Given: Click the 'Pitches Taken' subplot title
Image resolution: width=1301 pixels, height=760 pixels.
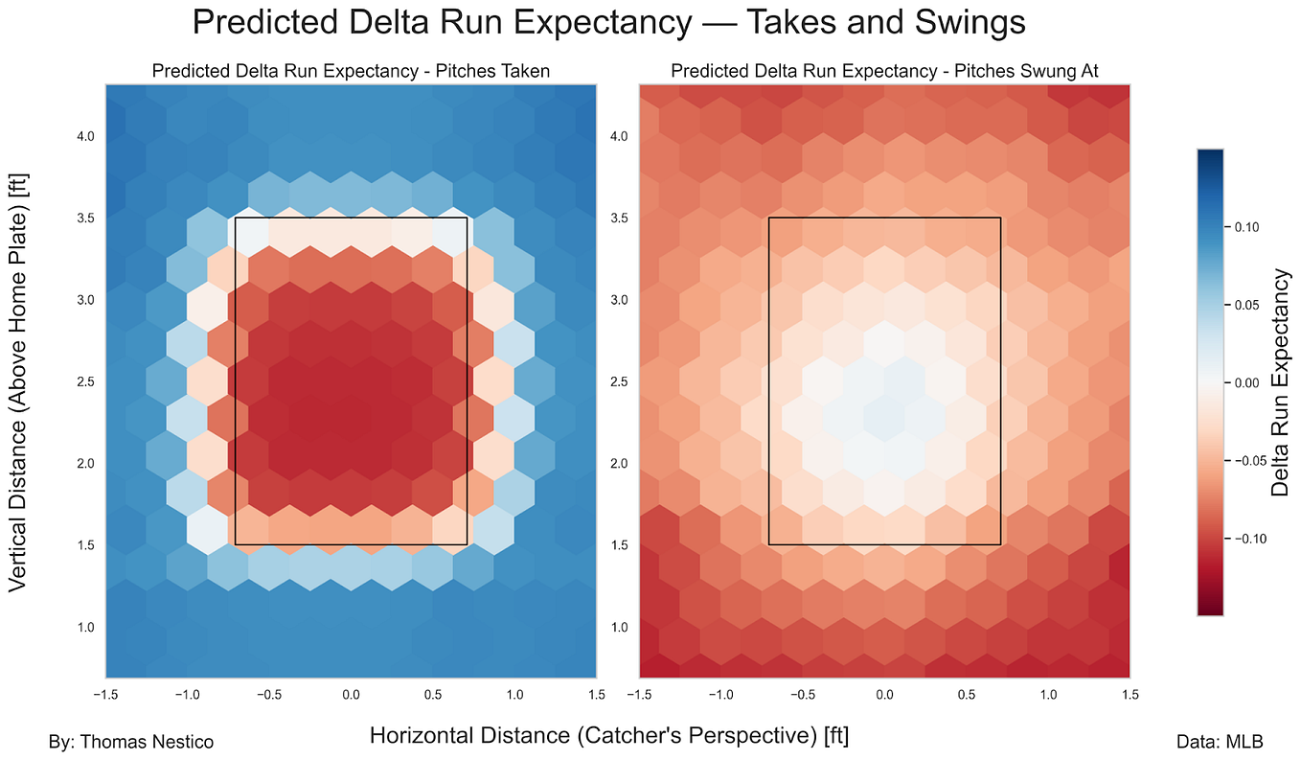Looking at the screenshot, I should [351, 71].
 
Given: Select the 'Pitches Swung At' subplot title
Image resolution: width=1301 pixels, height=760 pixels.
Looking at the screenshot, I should [884, 71].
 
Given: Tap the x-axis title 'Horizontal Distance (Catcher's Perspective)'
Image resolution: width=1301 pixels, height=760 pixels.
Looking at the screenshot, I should [608, 736].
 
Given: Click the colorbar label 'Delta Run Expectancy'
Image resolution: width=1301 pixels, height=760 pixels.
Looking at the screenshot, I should [1280, 382].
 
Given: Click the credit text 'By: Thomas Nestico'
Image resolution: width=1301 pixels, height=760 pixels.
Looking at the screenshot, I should [130, 742].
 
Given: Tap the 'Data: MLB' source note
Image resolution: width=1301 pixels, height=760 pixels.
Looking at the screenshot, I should [1219, 742].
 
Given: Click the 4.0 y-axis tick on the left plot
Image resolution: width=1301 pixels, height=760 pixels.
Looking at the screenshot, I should [85, 136].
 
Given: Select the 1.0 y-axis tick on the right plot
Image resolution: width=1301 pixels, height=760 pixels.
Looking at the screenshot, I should [621, 627].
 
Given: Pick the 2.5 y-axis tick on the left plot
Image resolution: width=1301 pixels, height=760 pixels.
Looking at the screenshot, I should [85, 382].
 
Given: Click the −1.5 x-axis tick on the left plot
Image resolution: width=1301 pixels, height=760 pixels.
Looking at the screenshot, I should [105, 694].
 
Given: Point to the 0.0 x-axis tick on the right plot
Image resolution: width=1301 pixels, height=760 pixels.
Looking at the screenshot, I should [884, 694].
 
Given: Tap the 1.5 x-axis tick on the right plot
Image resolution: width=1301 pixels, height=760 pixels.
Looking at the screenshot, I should [1130, 694].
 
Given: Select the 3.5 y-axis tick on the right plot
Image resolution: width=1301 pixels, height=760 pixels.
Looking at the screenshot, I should [621, 218].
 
